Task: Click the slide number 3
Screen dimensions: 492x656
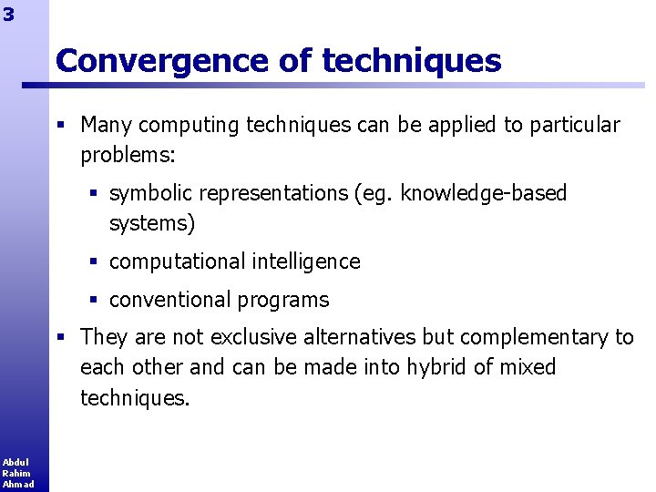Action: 8,14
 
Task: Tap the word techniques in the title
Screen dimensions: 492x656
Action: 412,61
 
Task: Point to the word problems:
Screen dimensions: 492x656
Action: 128,155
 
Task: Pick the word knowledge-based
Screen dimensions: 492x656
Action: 483,193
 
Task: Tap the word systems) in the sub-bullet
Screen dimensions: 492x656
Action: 152,223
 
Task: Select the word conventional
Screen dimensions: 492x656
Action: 168,300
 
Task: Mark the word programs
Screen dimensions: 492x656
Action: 284,301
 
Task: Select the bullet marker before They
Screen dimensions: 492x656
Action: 60,337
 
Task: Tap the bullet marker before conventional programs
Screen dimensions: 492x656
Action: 95,300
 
